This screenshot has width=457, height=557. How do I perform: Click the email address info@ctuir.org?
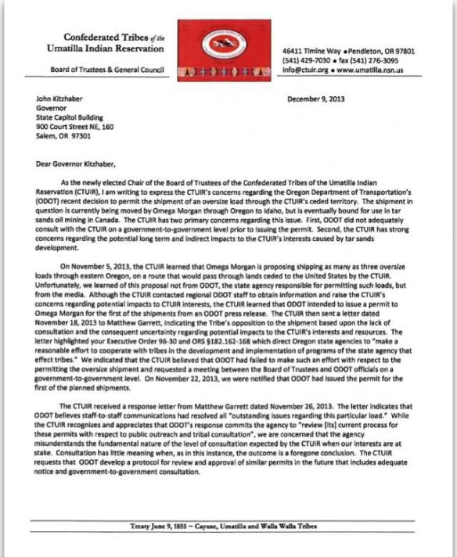coord(306,68)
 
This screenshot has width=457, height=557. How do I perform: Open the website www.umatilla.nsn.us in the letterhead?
coord(380,68)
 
